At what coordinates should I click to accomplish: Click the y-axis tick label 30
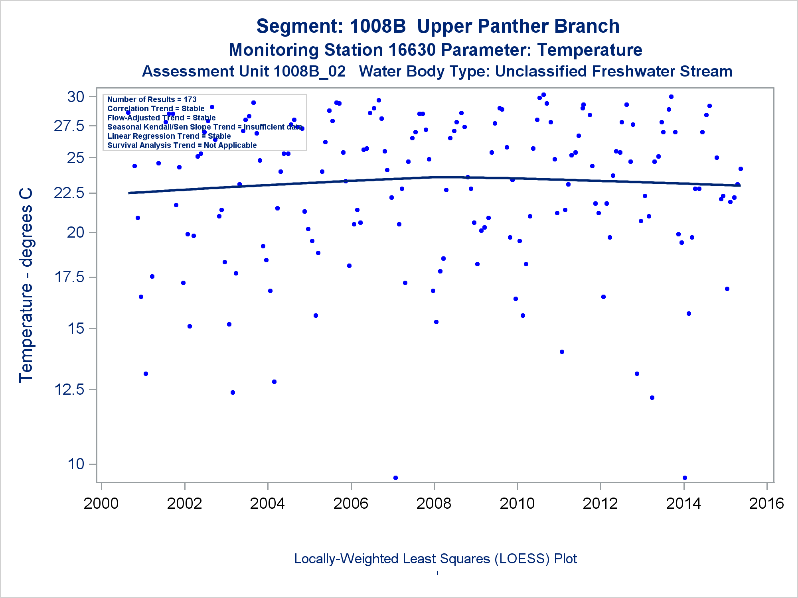pyautogui.click(x=76, y=97)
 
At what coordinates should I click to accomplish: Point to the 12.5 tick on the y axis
pyautogui.click(x=69, y=389)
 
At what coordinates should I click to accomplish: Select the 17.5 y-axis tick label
pyautogui.click(x=69, y=277)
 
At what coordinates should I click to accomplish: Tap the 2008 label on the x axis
pyautogui.click(x=434, y=504)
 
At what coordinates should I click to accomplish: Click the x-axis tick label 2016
pyautogui.click(x=766, y=504)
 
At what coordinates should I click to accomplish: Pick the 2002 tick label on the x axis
pyautogui.click(x=184, y=504)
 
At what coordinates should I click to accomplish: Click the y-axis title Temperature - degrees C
pyautogui.click(x=26, y=285)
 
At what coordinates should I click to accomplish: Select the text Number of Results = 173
pyautogui.click(x=152, y=99)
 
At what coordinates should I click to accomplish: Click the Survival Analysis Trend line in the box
pyautogui.click(x=182, y=145)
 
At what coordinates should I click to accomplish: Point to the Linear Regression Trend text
pyautogui.click(x=169, y=136)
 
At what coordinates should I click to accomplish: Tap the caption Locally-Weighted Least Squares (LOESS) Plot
pyautogui.click(x=435, y=559)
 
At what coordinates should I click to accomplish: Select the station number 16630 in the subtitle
pyautogui.click(x=412, y=50)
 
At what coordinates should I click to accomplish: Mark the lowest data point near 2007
pyautogui.click(x=395, y=478)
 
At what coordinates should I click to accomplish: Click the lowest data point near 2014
pyautogui.click(x=685, y=478)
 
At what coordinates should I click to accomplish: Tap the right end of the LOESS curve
pyautogui.click(x=740, y=185)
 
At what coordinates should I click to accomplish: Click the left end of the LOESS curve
pyautogui.click(x=129, y=193)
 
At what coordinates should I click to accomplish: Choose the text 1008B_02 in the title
pyautogui.click(x=310, y=71)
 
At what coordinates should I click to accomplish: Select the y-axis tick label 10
pyautogui.click(x=76, y=464)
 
